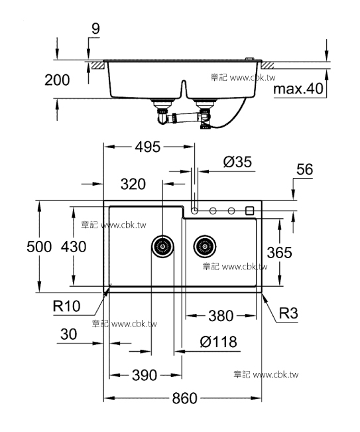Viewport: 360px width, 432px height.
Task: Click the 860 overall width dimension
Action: (x=185, y=398)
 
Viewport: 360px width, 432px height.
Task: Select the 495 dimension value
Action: (x=148, y=147)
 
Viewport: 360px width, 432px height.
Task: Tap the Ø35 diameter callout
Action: (x=237, y=162)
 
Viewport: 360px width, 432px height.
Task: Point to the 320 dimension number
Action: (x=133, y=184)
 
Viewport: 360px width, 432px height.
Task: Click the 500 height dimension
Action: (x=39, y=246)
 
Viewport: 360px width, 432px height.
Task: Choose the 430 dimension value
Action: (x=74, y=246)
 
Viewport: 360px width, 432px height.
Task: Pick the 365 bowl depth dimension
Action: (x=279, y=252)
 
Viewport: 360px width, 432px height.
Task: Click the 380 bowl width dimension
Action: (x=221, y=316)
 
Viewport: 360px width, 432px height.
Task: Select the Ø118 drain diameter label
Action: (x=219, y=342)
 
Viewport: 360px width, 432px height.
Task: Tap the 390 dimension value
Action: (x=145, y=375)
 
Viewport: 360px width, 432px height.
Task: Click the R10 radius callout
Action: (x=66, y=306)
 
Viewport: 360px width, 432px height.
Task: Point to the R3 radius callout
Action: (x=288, y=313)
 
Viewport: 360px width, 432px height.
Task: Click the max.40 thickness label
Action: (x=298, y=89)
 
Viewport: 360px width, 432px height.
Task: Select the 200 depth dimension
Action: (x=57, y=80)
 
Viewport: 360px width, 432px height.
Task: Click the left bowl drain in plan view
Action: (x=162, y=246)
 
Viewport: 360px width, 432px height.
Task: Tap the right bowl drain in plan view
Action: (x=205, y=246)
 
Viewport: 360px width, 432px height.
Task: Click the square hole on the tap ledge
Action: (x=249, y=211)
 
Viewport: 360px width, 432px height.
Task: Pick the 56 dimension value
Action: (x=305, y=169)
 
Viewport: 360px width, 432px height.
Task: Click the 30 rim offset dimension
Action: (x=68, y=334)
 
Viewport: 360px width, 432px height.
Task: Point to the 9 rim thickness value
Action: (x=95, y=29)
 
